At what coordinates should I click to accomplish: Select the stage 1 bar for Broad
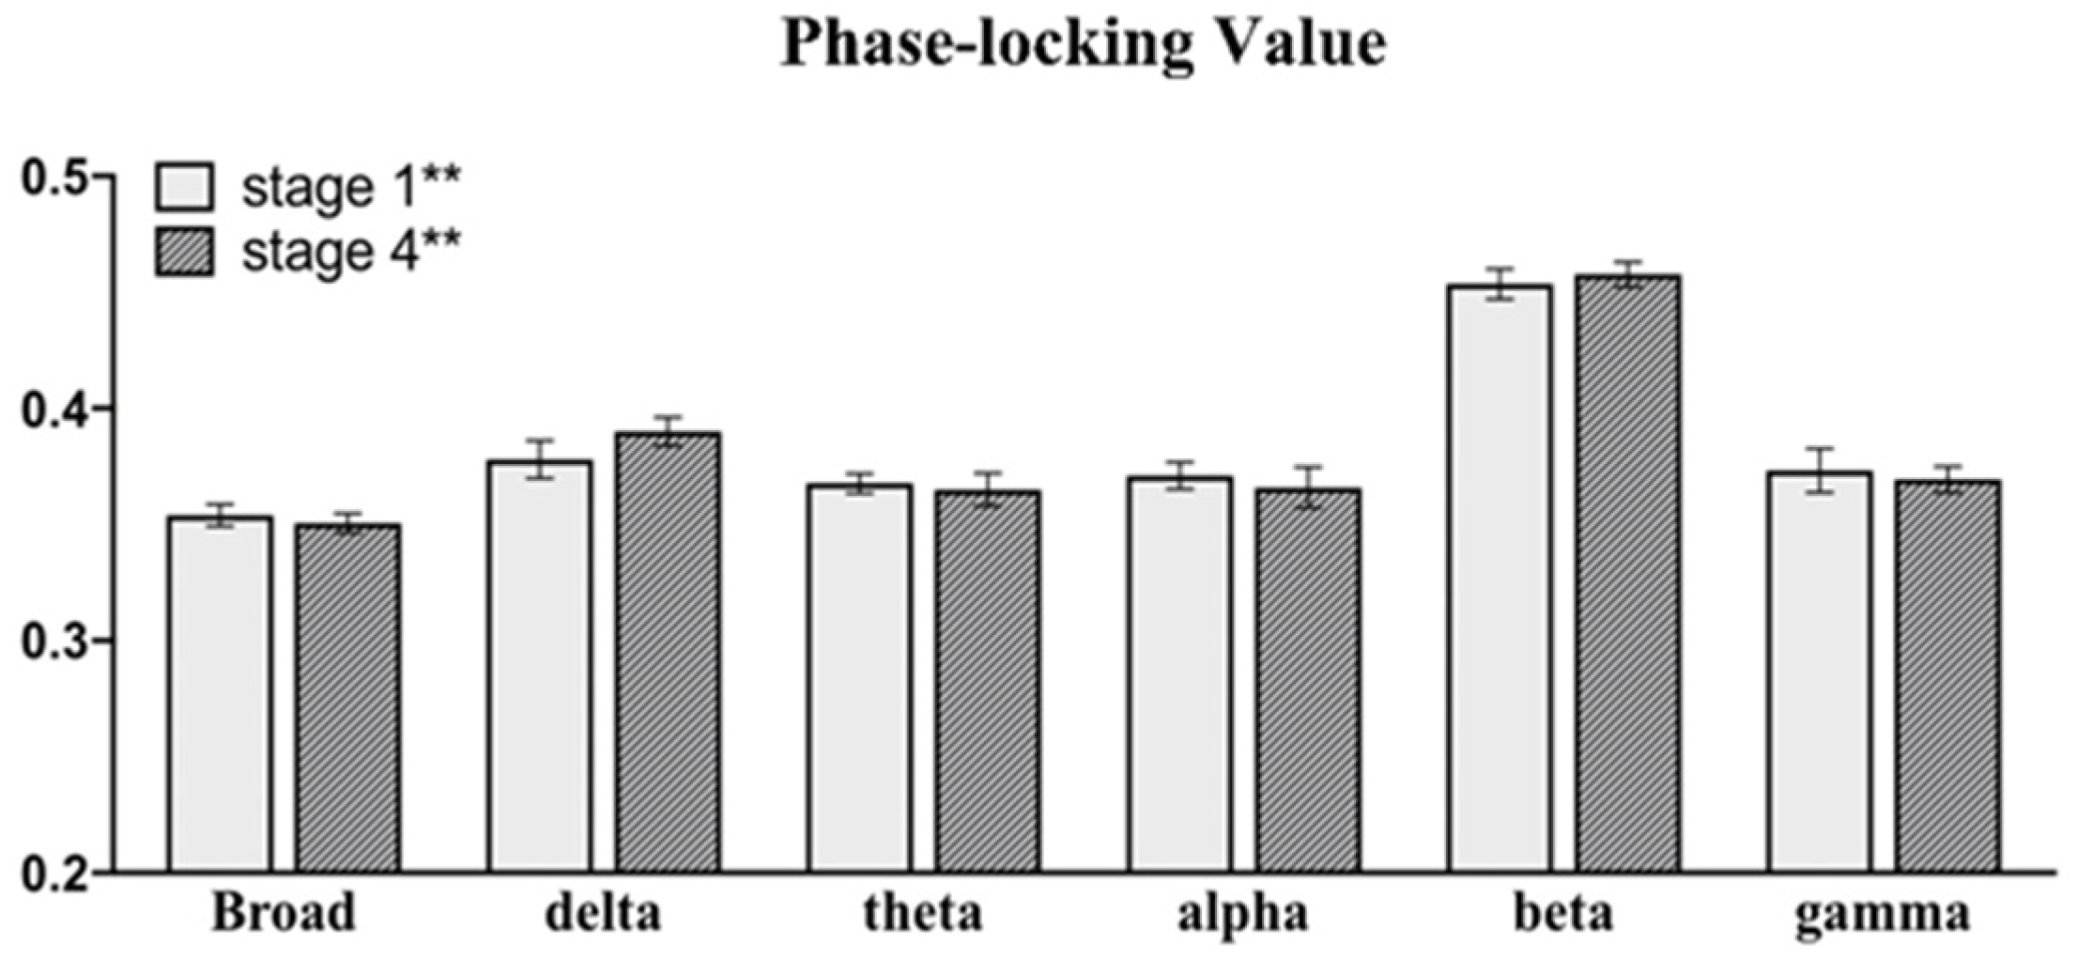[221, 695]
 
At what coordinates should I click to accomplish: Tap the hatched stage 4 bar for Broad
[348, 699]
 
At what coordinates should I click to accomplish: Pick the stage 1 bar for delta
[540, 667]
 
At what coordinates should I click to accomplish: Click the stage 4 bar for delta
[668, 653]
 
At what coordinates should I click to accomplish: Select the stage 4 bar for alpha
[1308, 681]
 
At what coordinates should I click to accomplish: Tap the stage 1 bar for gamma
[1819, 673]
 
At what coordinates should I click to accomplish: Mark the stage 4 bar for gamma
[1946, 677]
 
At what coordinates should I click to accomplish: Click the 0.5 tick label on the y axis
[54, 177]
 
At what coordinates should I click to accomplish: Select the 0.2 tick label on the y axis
[54, 875]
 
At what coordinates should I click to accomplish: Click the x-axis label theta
[923, 913]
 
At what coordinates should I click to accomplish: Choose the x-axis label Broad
[285, 913]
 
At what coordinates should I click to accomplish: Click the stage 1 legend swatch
[184, 187]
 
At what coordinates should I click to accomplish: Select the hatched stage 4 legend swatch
[184, 252]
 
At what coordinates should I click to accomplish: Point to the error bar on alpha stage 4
[1308, 487]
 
